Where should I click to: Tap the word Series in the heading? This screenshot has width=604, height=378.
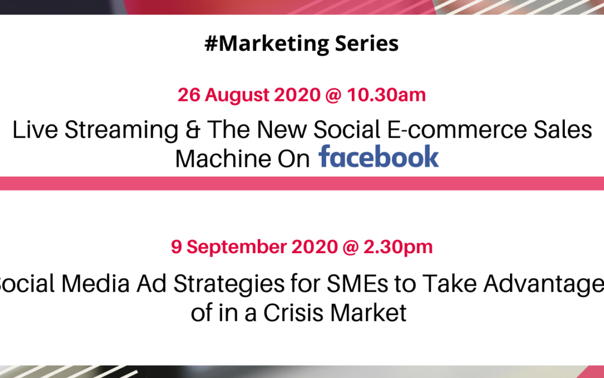pyautogui.click(x=367, y=43)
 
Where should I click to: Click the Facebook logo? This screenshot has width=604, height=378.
pyautogui.click(x=379, y=156)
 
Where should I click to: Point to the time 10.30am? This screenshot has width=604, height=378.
pyautogui.click(x=386, y=95)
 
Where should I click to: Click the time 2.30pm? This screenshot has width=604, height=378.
pyautogui.click(x=398, y=248)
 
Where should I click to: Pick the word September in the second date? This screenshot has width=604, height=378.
pyautogui.click(x=237, y=248)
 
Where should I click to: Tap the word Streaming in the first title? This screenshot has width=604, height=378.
pyautogui.click(x=121, y=130)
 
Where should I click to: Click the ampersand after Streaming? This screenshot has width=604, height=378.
pyautogui.click(x=193, y=129)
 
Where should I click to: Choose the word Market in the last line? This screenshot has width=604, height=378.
pyautogui.click(x=369, y=313)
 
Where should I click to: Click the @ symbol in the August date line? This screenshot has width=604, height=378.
pyautogui.click(x=333, y=95)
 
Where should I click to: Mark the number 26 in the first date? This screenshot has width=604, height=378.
pyautogui.click(x=188, y=95)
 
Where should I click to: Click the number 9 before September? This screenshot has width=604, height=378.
pyautogui.click(x=176, y=248)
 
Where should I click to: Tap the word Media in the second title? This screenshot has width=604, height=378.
pyautogui.click(x=96, y=284)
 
